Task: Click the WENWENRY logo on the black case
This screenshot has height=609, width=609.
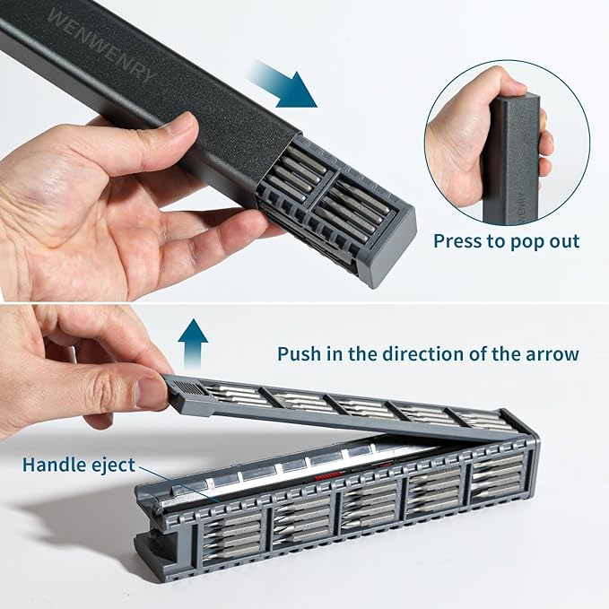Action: tap(101, 46)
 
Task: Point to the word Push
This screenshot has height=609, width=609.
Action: tap(299, 353)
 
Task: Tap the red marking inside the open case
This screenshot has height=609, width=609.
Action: tap(326, 476)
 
